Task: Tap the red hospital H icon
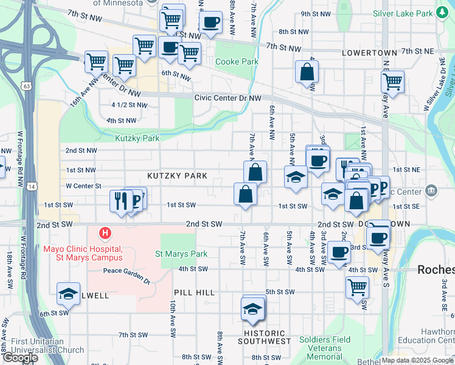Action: coord(106,233)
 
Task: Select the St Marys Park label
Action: coord(181,254)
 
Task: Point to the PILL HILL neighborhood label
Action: coord(194,293)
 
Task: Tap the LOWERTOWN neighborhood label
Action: coord(369,53)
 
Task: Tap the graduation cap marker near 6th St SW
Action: coord(69,294)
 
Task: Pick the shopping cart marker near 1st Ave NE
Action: coord(393,81)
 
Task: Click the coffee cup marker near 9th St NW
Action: coord(210,23)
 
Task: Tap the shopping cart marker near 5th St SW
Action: coord(357,286)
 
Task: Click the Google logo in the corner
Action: coord(21,358)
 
